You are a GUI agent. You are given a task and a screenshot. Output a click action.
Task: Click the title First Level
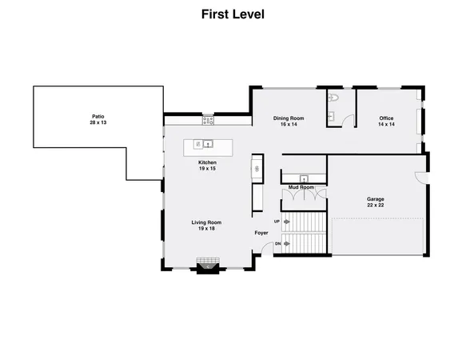tap(233, 14)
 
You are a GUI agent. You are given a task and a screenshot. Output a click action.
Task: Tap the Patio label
tap(98, 117)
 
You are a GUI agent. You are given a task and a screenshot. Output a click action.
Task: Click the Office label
tap(386, 118)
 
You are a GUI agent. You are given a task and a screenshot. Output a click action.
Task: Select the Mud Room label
tap(301, 187)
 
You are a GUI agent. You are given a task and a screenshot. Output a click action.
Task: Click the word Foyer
tap(261, 233)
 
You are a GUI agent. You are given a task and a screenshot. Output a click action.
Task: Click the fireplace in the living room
tap(208, 265)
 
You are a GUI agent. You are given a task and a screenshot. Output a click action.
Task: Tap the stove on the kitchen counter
tap(208, 121)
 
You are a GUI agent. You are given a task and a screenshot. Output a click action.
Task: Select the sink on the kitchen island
tap(205, 145)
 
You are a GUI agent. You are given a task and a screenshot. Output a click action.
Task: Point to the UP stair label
tap(277, 221)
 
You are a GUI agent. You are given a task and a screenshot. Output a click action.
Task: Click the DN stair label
tap(277, 243)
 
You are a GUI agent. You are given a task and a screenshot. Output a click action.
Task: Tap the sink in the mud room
tap(304, 178)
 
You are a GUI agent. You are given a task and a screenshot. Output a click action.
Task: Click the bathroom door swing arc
tap(345, 120)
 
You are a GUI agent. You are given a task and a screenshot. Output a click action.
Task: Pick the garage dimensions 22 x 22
tap(376, 206)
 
